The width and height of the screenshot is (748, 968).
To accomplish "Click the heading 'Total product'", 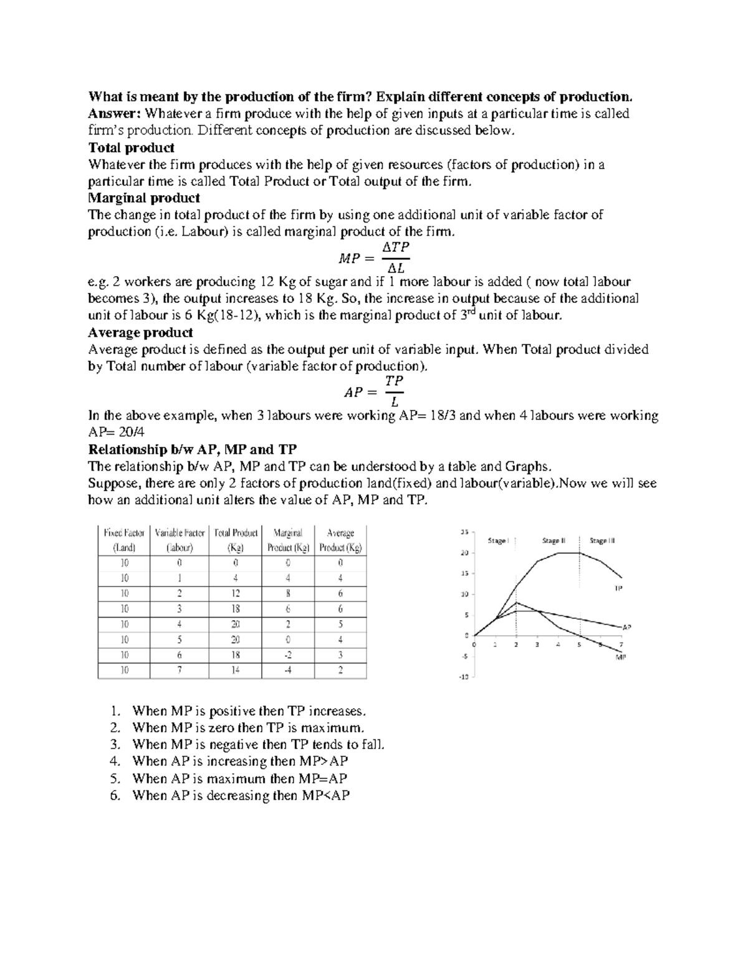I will coord(131,148).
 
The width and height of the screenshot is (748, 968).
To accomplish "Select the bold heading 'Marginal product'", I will coord(144,198).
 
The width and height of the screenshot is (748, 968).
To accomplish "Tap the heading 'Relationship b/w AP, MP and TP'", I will coord(193,449).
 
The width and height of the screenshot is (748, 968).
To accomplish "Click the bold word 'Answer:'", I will coord(116,114).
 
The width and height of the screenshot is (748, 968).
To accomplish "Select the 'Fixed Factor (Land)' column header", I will coord(124,540).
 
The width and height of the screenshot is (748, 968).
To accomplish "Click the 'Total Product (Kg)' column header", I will coord(236,540).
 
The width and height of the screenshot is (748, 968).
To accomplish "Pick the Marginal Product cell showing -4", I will coord(288,671).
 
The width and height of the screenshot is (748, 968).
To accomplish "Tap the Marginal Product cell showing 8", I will coord(288,593).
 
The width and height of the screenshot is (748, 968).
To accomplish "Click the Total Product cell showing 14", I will coord(236,671).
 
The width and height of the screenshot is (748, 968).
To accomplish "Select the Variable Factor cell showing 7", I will coord(180,671).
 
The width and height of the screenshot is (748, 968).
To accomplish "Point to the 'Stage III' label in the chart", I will coord(602,541).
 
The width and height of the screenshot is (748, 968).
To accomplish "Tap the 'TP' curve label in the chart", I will coord(618,588).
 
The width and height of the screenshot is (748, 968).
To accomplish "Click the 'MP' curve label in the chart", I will coord(620,657).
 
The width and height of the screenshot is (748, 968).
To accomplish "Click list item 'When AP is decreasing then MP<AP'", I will coord(241,795).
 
